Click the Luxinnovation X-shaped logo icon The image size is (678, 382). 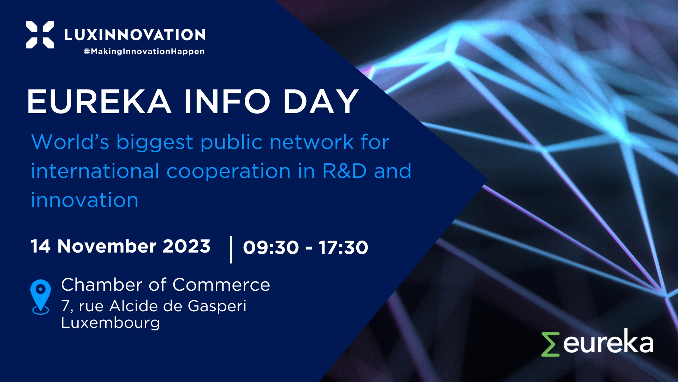[x=40, y=34]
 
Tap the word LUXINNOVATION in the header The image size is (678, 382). [x=135, y=35]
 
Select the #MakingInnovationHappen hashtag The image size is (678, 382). [x=144, y=52]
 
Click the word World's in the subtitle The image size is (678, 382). [x=70, y=142]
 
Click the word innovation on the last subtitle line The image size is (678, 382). [x=85, y=200]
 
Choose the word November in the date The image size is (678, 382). [x=107, y=246]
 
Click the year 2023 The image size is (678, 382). [x=186, y=246]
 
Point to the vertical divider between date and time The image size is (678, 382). [x=231, y=250]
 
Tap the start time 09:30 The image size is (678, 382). [x=271, y=247]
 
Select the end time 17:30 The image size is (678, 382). [x=344, y=247]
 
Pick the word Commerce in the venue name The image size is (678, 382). [x=221, y=285]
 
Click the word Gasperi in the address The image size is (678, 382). [x=217, y=307]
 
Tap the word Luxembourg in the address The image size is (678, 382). [x=111, y=323]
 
